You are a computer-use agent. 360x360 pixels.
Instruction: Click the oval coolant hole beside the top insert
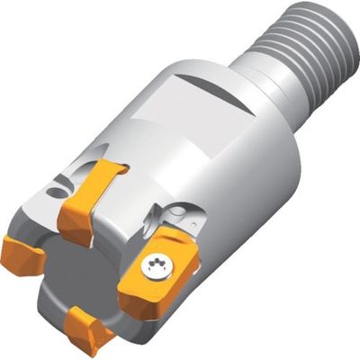click(x=58, y=190)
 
